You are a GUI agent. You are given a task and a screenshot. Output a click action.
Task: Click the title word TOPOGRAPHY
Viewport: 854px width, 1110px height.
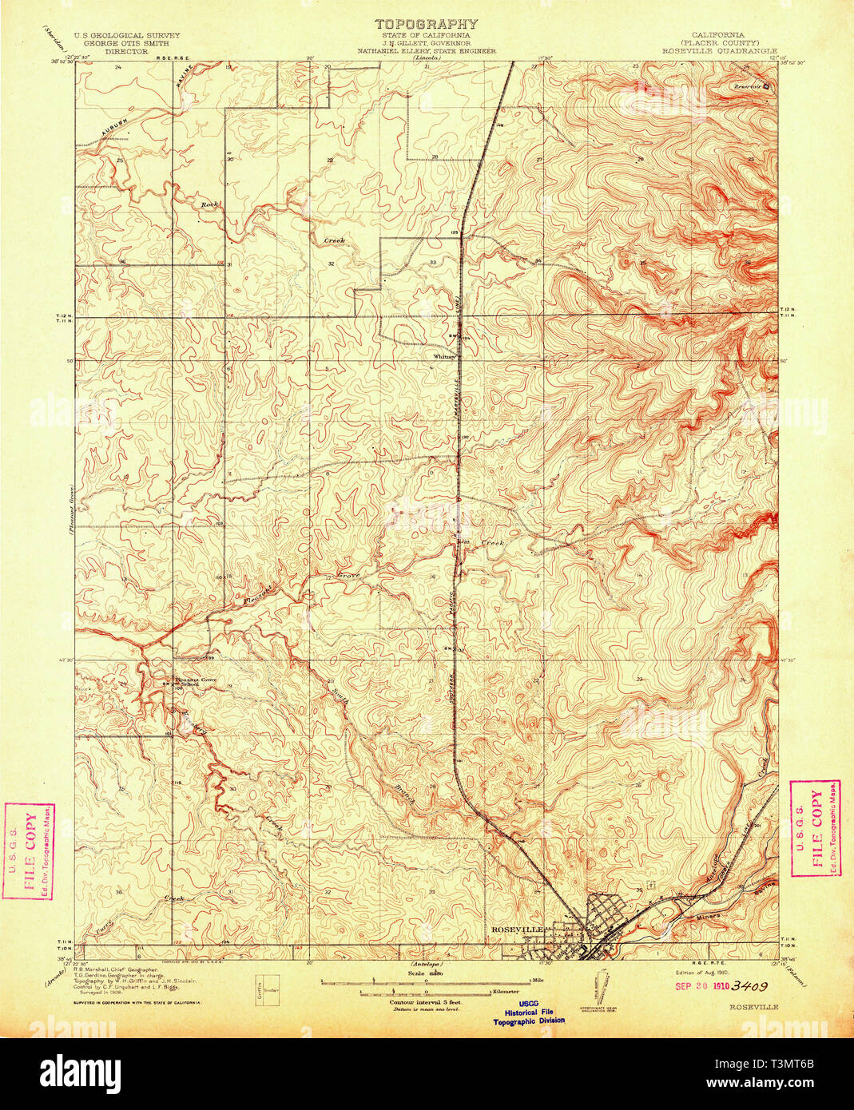pyautogui.click(x=427, y=25)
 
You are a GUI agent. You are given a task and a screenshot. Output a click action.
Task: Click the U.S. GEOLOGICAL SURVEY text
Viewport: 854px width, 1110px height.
pyautogui.click(x=127, y=35)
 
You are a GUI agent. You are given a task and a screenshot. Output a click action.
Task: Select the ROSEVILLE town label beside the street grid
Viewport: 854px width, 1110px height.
pyautogui.click(x=517, y=930)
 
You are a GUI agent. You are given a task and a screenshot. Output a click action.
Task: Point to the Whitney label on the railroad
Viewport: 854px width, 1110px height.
pyautogui.click(x=443, y=356)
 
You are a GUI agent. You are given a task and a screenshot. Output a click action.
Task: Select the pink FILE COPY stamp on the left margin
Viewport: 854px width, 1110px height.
pyautogui.click(x=29, y=851)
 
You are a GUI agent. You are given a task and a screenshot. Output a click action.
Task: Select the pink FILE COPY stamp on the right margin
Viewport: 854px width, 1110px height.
pyautogui.click(x=815, y=829)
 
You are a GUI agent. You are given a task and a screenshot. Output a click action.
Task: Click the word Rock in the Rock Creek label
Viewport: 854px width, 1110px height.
pyautogui.click(x=209, y=205)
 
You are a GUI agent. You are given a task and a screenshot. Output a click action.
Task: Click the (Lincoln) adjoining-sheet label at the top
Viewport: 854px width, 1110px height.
pyautogui.click(x=427, y=59)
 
